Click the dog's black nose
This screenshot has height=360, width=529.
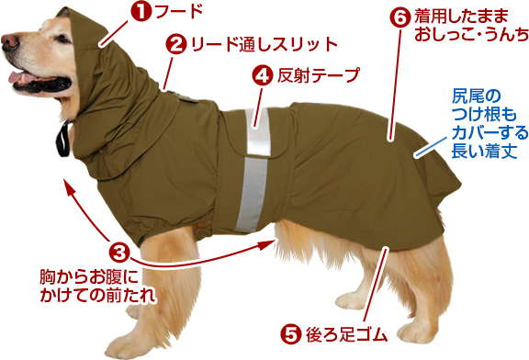(x=9, y=42)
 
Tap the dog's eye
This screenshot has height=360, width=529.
(x=62, y=39)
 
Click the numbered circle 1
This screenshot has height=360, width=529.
(x=141, y=11)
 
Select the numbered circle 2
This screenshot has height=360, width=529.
(x=175, y=44)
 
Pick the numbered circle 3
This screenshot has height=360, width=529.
(x=119, y=253)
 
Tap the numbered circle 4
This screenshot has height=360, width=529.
(x=262, y=75)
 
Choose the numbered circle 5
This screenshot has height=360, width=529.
(x=290, y=333)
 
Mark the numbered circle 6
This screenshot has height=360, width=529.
(x=400, y=17)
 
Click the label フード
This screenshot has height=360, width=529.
(x=179, y=11)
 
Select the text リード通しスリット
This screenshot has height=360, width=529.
(x=264, y=44)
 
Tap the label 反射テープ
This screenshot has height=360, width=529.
(x=319, y=75)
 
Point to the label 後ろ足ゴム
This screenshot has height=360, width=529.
(x=346, y=334)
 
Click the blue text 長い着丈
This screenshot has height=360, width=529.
(x=484, y=151)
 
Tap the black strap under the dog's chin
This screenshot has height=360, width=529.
(x=63, y=139)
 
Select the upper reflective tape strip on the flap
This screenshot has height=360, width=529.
(x=259, y=131)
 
